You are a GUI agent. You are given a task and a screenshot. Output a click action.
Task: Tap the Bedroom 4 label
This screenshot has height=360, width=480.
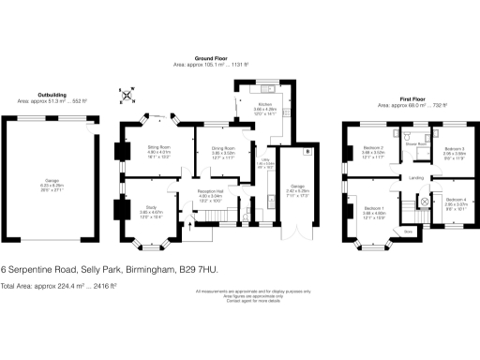tap(455, 201)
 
